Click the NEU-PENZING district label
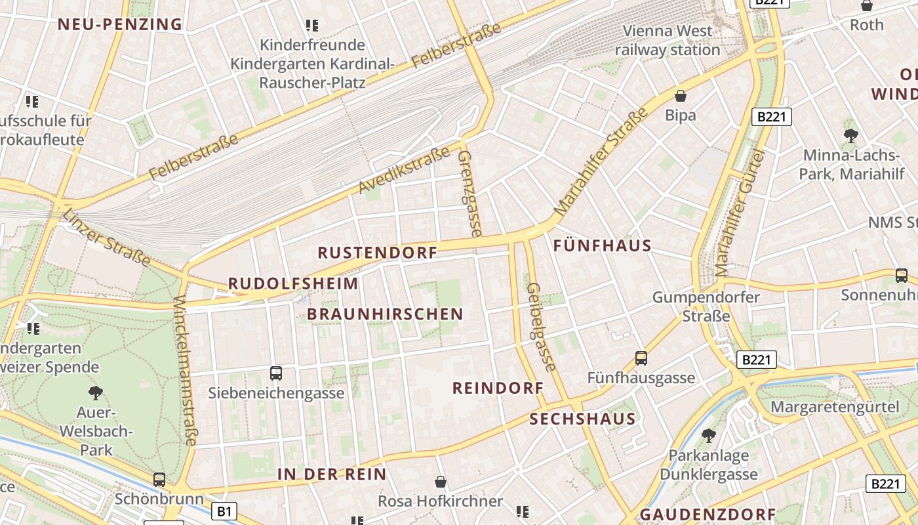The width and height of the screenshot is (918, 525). (x=119, y=25)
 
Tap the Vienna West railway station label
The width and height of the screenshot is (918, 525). (x=668, y=40)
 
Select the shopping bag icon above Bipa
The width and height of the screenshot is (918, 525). (x=681, y=96)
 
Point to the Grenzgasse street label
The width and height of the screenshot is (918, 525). (x=469, y=193)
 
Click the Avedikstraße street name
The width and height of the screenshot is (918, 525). (x=404, y=171)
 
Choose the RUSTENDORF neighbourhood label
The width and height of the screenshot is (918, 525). (x=377, y=253)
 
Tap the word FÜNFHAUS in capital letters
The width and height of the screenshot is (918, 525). (x=602, y=246)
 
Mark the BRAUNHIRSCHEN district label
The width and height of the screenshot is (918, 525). (x=385, y=314)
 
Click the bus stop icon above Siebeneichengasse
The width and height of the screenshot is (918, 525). (x=276, y=373)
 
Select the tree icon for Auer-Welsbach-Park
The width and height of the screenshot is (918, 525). (x=96, y=393)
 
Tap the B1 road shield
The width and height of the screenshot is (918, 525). (x=224, y=511)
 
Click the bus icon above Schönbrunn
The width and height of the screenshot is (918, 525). (x=159, y=479)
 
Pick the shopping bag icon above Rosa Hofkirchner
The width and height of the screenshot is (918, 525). (x=441, y=482)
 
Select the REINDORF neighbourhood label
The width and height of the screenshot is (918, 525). (x=498, y=388)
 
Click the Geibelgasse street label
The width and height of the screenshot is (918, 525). (x=541, y=327)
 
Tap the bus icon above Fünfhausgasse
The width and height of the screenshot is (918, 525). (x=641, y=358)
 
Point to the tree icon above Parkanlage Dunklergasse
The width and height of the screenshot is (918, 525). (x=708, y=435)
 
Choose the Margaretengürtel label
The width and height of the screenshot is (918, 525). (x=835, y=407)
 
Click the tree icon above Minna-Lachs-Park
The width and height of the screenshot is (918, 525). (x=850, y=136)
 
